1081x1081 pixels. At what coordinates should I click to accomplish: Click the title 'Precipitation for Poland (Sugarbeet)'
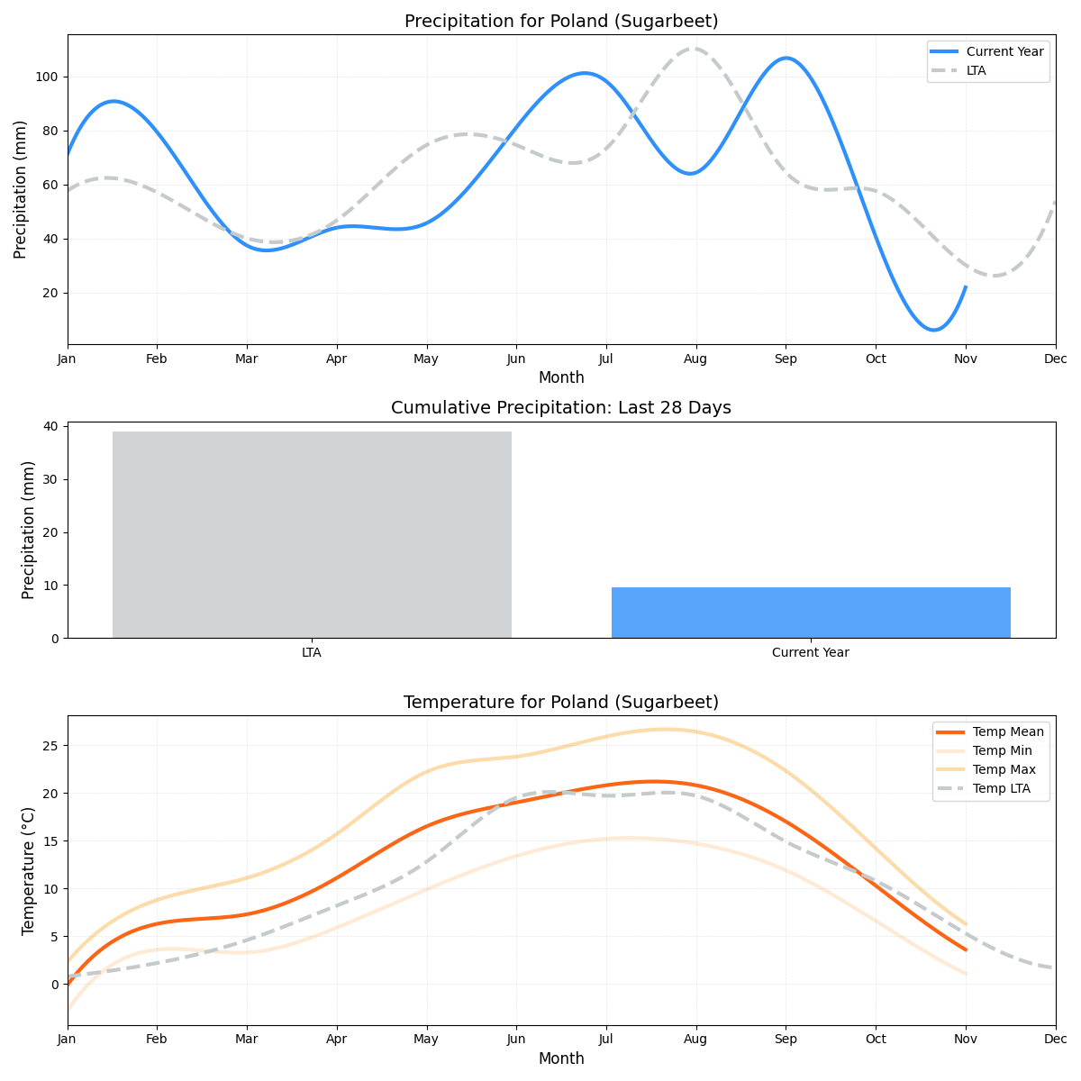pos(561,22)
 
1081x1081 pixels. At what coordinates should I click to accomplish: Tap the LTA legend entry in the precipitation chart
pos(976,70)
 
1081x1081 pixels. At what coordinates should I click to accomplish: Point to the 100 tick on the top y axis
pos(47,77)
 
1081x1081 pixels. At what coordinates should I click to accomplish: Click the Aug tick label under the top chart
pos(695,359)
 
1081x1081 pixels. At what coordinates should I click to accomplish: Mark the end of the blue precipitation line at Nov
pos(966,287)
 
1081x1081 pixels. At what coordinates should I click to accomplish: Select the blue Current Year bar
pos(811,613)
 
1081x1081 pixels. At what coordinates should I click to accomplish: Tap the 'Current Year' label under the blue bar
pos(811,652)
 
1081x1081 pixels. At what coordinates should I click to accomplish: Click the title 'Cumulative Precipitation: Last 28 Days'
pos(561,408)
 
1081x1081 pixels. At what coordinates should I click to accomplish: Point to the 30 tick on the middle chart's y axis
pos(50,479)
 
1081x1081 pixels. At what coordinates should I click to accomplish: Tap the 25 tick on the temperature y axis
pos(50,746)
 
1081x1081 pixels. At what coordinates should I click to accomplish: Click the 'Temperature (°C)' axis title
pos(28,870)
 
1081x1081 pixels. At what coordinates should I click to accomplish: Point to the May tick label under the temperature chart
pos(426,1040)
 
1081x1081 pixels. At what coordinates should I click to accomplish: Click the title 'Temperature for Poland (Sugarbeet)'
pos(561,703)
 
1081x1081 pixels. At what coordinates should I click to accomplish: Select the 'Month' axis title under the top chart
pos(561,377)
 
